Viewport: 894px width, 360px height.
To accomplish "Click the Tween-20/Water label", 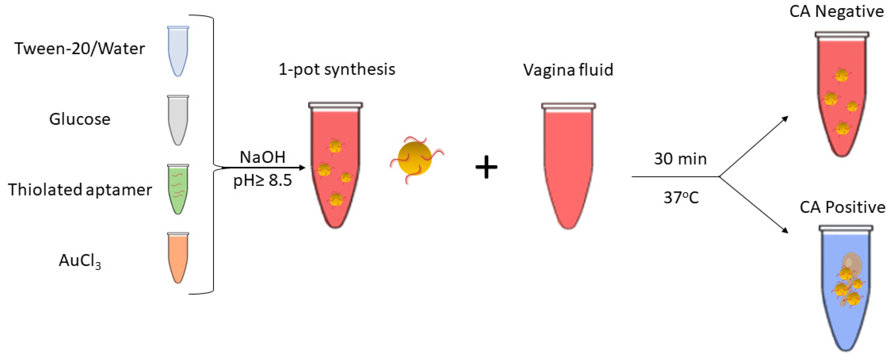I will coord(80,49).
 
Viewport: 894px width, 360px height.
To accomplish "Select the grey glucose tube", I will coord(178,120).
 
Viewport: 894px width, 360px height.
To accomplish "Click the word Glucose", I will coord(80,119).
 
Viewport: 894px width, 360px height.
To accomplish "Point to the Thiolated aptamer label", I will coord(80,190).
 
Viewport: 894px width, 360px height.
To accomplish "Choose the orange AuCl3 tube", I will coord(178,257).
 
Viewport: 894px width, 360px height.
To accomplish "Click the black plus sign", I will coord(486,167).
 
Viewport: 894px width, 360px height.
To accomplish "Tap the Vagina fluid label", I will coord(568,70).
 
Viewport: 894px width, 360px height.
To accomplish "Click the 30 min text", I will coord(680,159).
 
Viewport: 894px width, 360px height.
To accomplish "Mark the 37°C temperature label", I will coord(681,198).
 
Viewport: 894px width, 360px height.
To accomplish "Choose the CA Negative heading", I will coord(836,11).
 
